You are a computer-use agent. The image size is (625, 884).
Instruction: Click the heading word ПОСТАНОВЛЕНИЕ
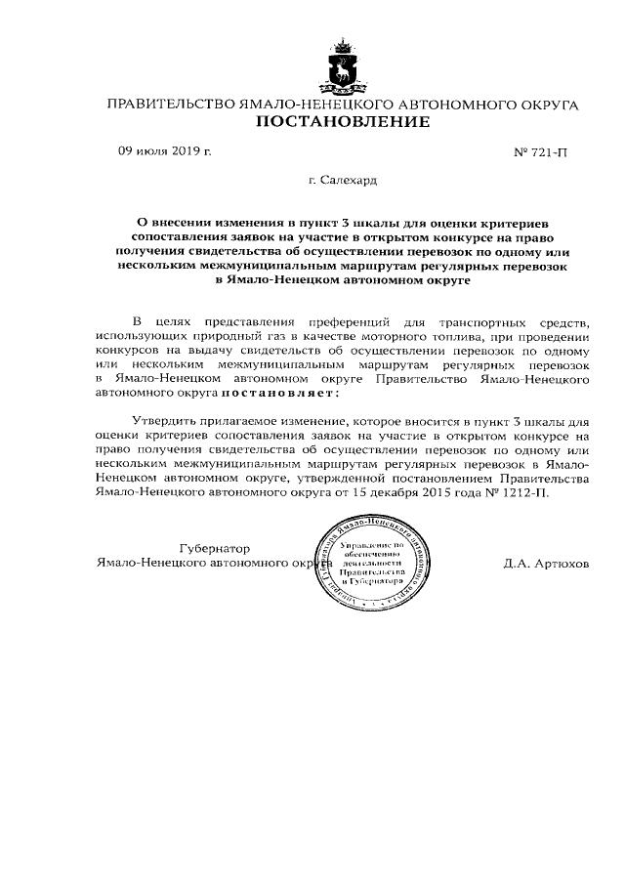click(342, 122)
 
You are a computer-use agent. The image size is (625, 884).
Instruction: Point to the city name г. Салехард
click(342, 182)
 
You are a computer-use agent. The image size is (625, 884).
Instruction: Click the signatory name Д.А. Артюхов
click(546, 565)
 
